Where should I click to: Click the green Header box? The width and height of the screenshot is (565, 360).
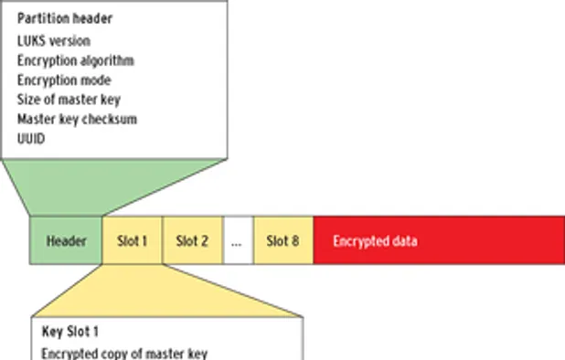66,241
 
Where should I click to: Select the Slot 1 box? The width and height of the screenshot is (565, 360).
132,241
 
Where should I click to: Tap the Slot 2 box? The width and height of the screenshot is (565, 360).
192,241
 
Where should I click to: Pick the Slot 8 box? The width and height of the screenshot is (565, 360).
283,241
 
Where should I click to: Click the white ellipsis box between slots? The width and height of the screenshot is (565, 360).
238,241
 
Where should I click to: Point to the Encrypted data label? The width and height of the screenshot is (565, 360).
375,241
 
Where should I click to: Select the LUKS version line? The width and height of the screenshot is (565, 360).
53,40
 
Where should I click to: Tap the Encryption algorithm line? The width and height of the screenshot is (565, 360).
75,60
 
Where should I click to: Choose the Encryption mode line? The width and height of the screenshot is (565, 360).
64,79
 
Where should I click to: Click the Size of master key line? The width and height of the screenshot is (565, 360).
69,100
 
